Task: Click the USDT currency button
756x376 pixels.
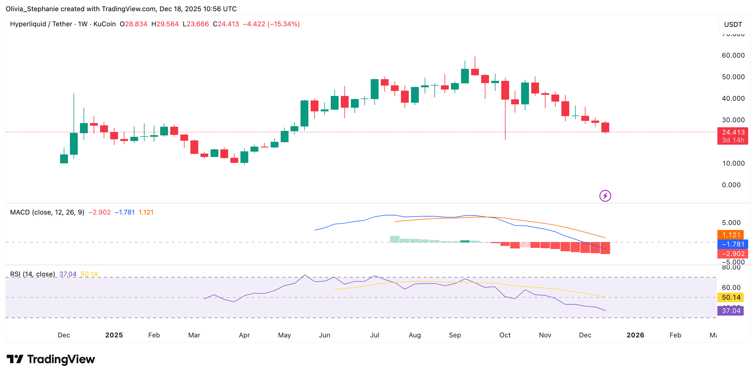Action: pyautogui.click(x=733, y=25)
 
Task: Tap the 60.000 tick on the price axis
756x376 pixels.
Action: pyautogui.click(x=733, y=55)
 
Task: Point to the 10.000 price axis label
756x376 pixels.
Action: pyautogui.click(x=733, y=163)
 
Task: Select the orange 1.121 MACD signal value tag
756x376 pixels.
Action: pyautogui.click(x=730, y=235)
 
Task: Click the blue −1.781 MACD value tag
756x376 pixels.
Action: pyautogui.click(x=732, y=244)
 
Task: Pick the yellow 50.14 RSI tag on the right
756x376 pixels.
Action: pyautogui.click(x=730, y=297)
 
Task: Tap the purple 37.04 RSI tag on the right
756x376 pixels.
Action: pyautogui.click(x=730, y=311)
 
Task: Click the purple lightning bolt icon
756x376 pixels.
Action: pyautogui.click(x=605, y=196)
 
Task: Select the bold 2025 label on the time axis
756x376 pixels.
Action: pyautogui.click(x=114, y=335)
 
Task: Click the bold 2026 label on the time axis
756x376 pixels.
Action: pyautogui.click(x=635, y=335)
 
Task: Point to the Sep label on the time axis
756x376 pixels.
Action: pyautogui.click(x=454, y=335)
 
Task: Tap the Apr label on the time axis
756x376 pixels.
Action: pyautogui.click(x=244, y=335)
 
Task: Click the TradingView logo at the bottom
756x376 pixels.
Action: pyautogui.click(x=51, y=359)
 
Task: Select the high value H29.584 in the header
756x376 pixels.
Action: pyautogui.click(x=165, y=24)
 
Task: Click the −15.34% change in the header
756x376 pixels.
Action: pyautogui.click(x=283, y=24)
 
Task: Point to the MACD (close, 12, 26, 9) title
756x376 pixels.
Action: pyautogui.click(x=47, y=212)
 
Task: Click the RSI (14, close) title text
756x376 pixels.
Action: pyautogui.click(x=32, y=274)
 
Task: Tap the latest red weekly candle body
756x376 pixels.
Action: pyautogui.click(x=605, y=127)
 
